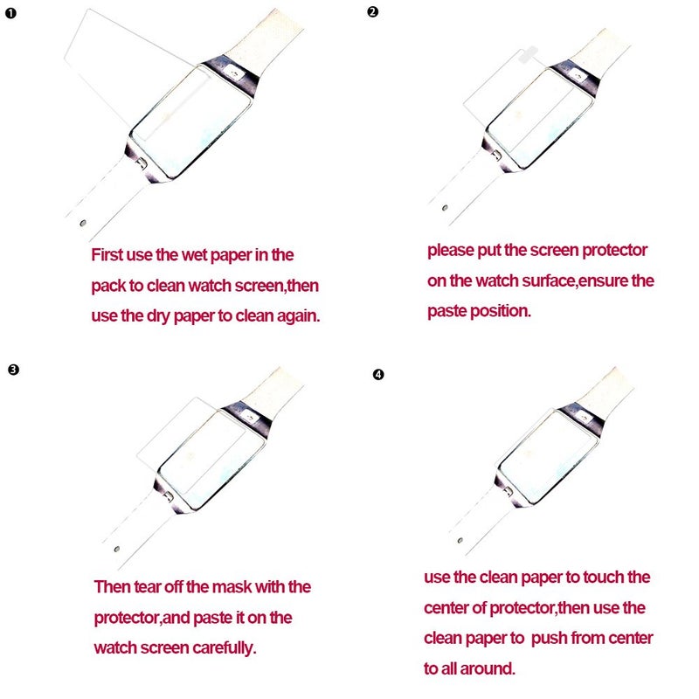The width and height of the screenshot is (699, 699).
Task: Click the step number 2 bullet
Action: pyautogui.click(x=373, y=12)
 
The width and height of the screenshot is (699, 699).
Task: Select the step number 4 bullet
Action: pyautogui.click(x=377, y=375)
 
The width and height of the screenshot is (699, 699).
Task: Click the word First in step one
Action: pyautogui.click(x=110, y=256)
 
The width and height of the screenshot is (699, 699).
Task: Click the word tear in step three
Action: pyautogui.click(x=151, y=587)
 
